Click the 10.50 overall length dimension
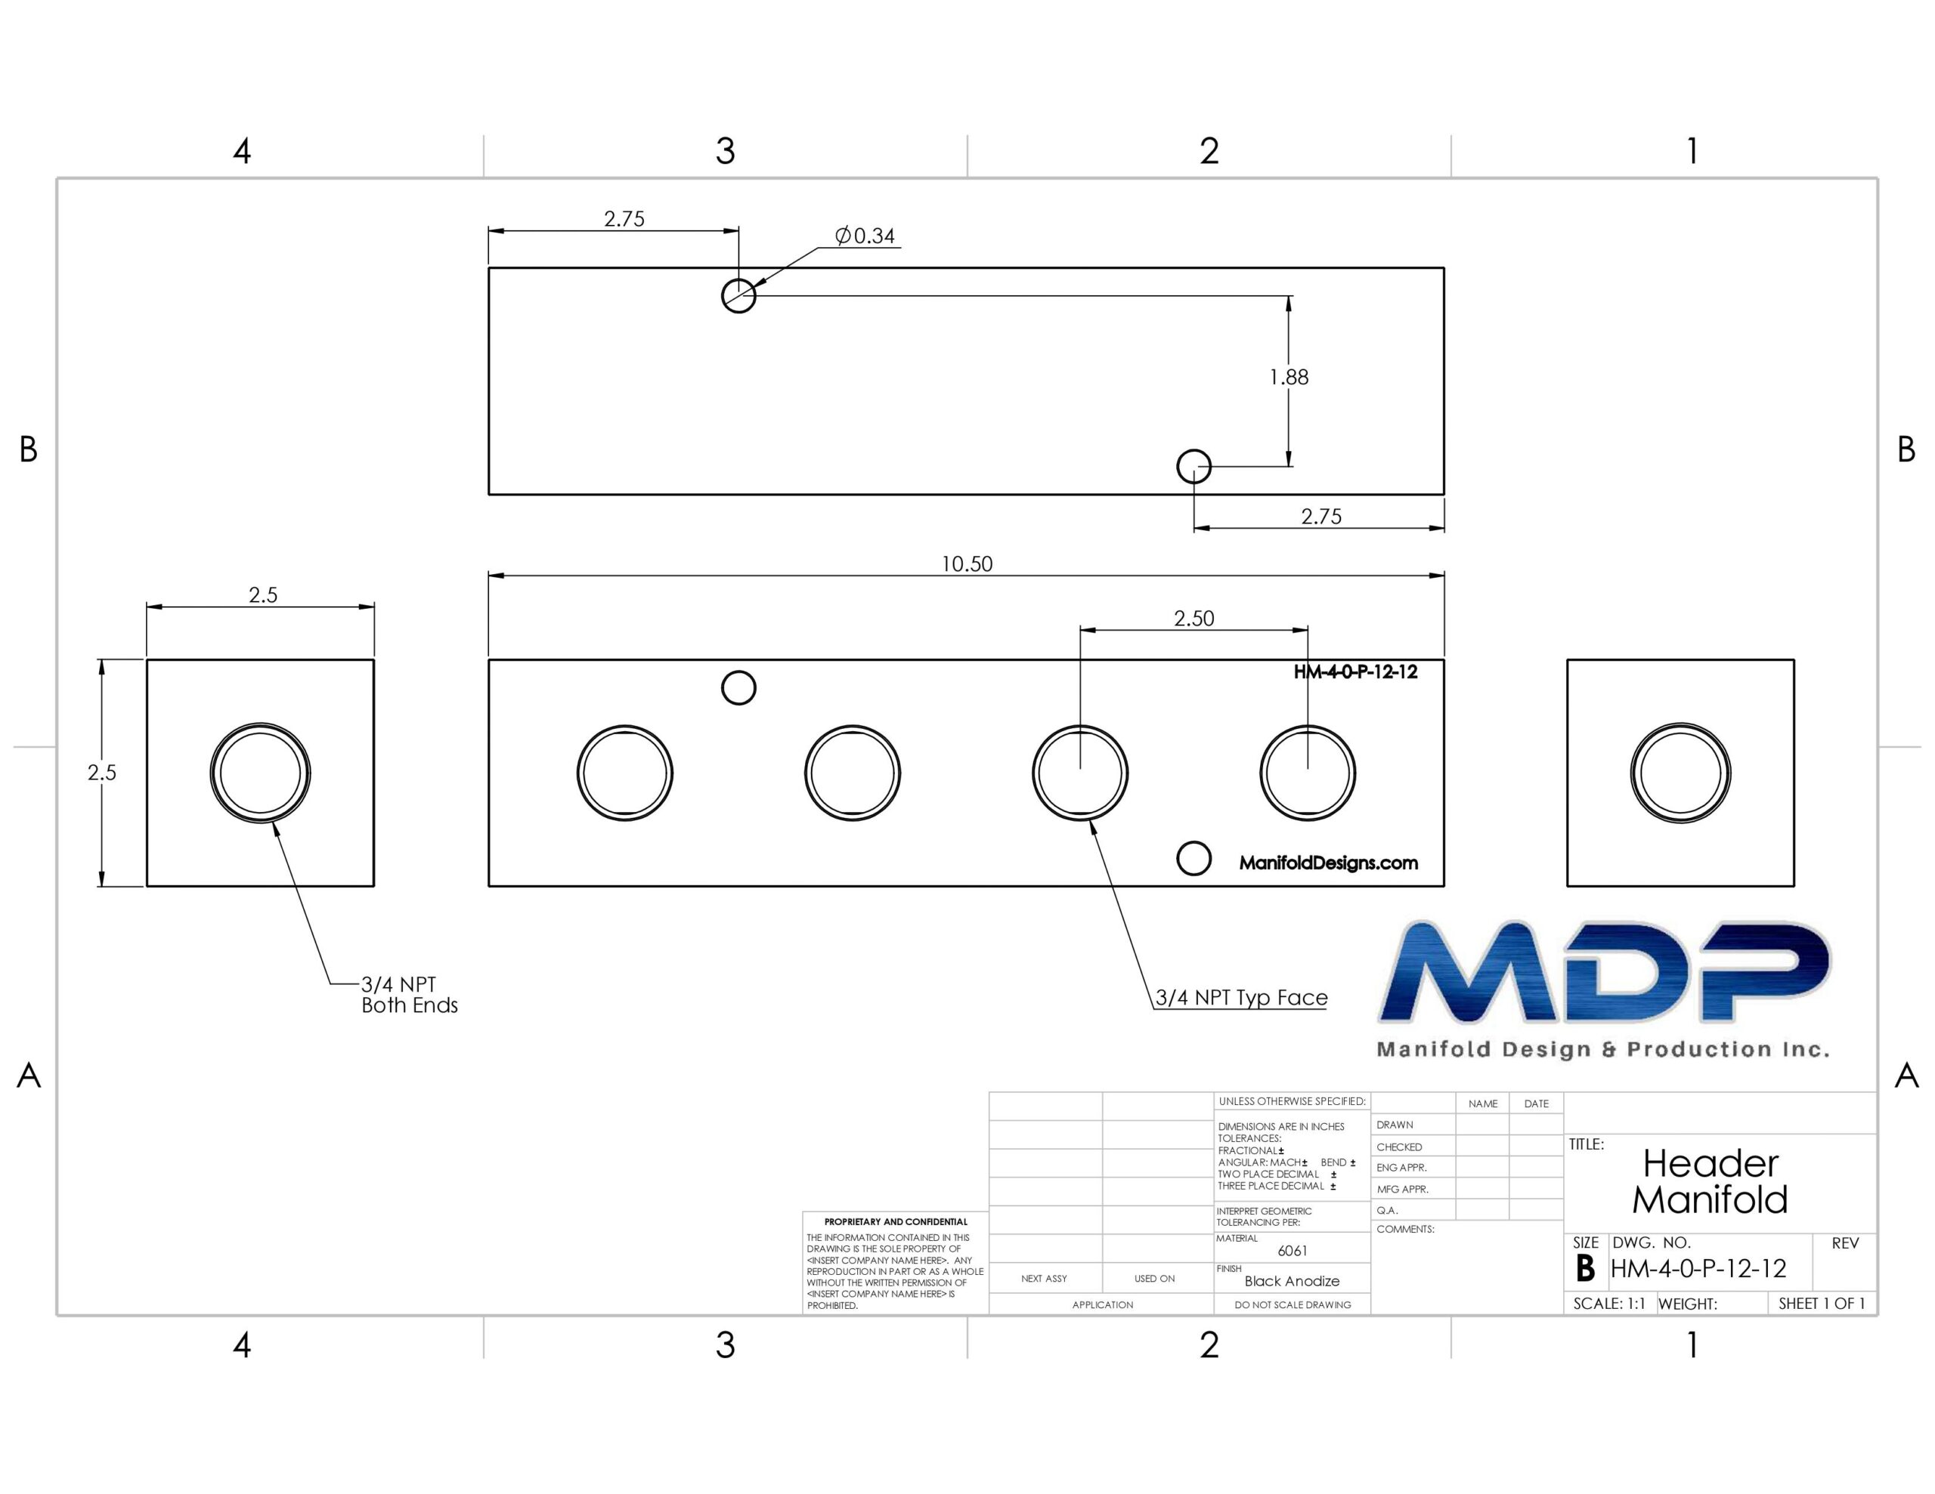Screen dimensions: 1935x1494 coord(967,564)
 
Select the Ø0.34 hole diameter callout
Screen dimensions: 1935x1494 coord(865,236)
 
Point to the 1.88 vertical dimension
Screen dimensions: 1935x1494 coord(1288,377)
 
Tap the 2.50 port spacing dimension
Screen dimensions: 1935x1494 coord(1194,618)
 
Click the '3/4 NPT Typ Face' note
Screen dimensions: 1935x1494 coord(1241,998)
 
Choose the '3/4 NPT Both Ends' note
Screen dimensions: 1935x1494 coord(410,995)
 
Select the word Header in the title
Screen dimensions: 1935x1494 coord(1710,1162)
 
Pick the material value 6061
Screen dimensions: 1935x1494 coord(1293,1251)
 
